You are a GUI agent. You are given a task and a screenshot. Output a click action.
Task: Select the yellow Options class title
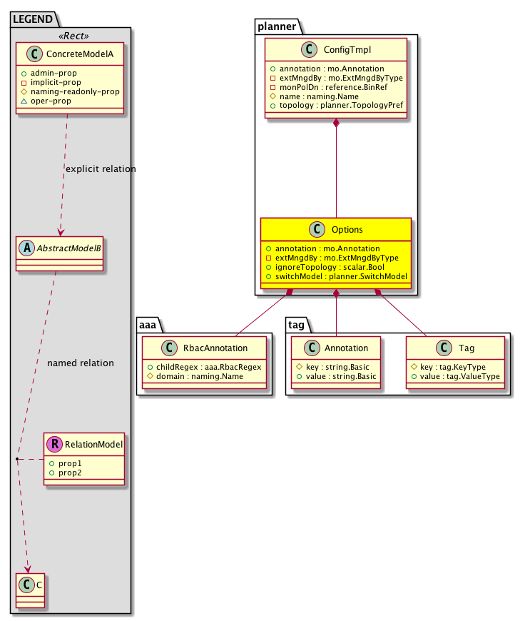coord(347,230)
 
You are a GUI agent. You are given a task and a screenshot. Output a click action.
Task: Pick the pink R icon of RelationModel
coord(54,445)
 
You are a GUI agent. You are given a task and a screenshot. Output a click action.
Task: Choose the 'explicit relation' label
coord(100,169)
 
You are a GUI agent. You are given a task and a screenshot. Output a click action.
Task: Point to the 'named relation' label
coord(80,363)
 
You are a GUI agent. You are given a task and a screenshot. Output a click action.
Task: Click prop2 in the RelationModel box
coord(70,473)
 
